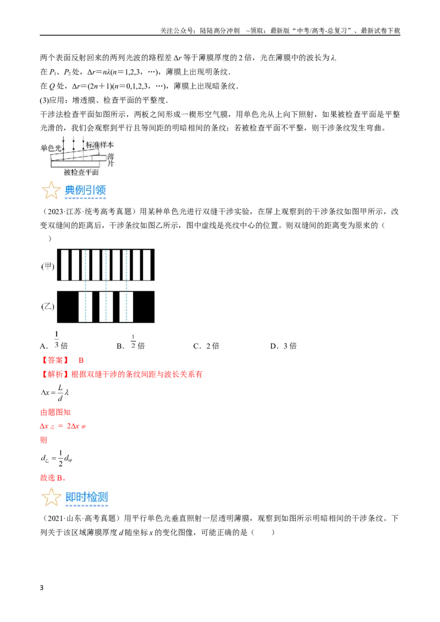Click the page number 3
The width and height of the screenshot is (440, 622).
(x=42, y=587)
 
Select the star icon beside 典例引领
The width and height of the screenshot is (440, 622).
(x=51, y=190)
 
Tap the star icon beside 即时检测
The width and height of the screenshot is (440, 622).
(x=51, y=497)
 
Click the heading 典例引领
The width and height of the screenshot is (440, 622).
(x=85, y=190)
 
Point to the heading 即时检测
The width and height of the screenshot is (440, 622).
(x=86, y=497)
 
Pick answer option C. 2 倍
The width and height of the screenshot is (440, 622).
(x=206, y=346)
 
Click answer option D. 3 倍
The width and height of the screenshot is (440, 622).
(x=284, y=346)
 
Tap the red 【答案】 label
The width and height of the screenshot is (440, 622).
(x=55, y=360)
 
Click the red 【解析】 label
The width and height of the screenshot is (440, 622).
(x=55, y=374)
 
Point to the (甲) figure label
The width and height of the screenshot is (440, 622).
(x=48, y=266)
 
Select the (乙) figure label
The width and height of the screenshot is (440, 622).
(x=48, y=307)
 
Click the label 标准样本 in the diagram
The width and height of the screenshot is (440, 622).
(x=100, y=145)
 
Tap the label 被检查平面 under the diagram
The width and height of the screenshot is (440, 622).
(x=81, y=172)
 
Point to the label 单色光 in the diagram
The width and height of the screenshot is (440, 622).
(x=51, y=148)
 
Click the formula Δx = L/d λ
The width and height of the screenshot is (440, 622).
(x=55, y=392)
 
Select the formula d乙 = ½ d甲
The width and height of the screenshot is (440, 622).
(x=57, y=459)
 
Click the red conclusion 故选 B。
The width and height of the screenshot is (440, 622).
(x=53, y=477)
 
